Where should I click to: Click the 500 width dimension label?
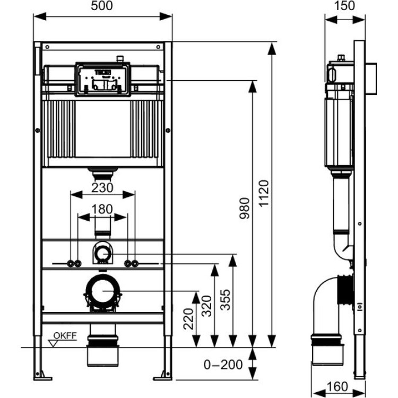[x=101, y=6]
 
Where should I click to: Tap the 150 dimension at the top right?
[x=344, y=6]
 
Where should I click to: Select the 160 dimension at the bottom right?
[x=338, y=386]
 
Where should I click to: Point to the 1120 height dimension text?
[x=264, y=193]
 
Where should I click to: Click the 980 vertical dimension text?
[x=245, y=209]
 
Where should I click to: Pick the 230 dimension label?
[x=102, y=188]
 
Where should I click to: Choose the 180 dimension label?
[x=102, y=210]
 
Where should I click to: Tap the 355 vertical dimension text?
[x=226, y=300]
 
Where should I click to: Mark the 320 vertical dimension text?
[x=206, y=306]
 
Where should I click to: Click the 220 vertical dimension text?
[x=188, y=319]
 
